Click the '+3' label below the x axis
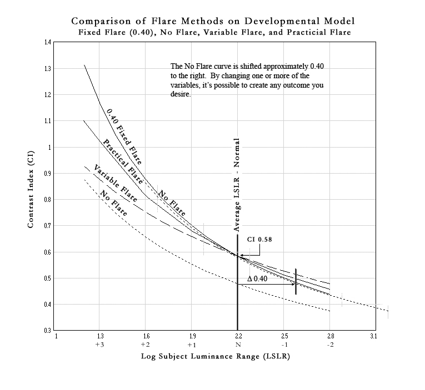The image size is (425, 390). (100, 345)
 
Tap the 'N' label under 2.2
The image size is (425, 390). (237, 345)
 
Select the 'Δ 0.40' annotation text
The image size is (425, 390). (257, 278)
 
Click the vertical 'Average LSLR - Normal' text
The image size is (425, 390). (237, 185)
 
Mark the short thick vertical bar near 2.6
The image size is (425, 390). (296, 281)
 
